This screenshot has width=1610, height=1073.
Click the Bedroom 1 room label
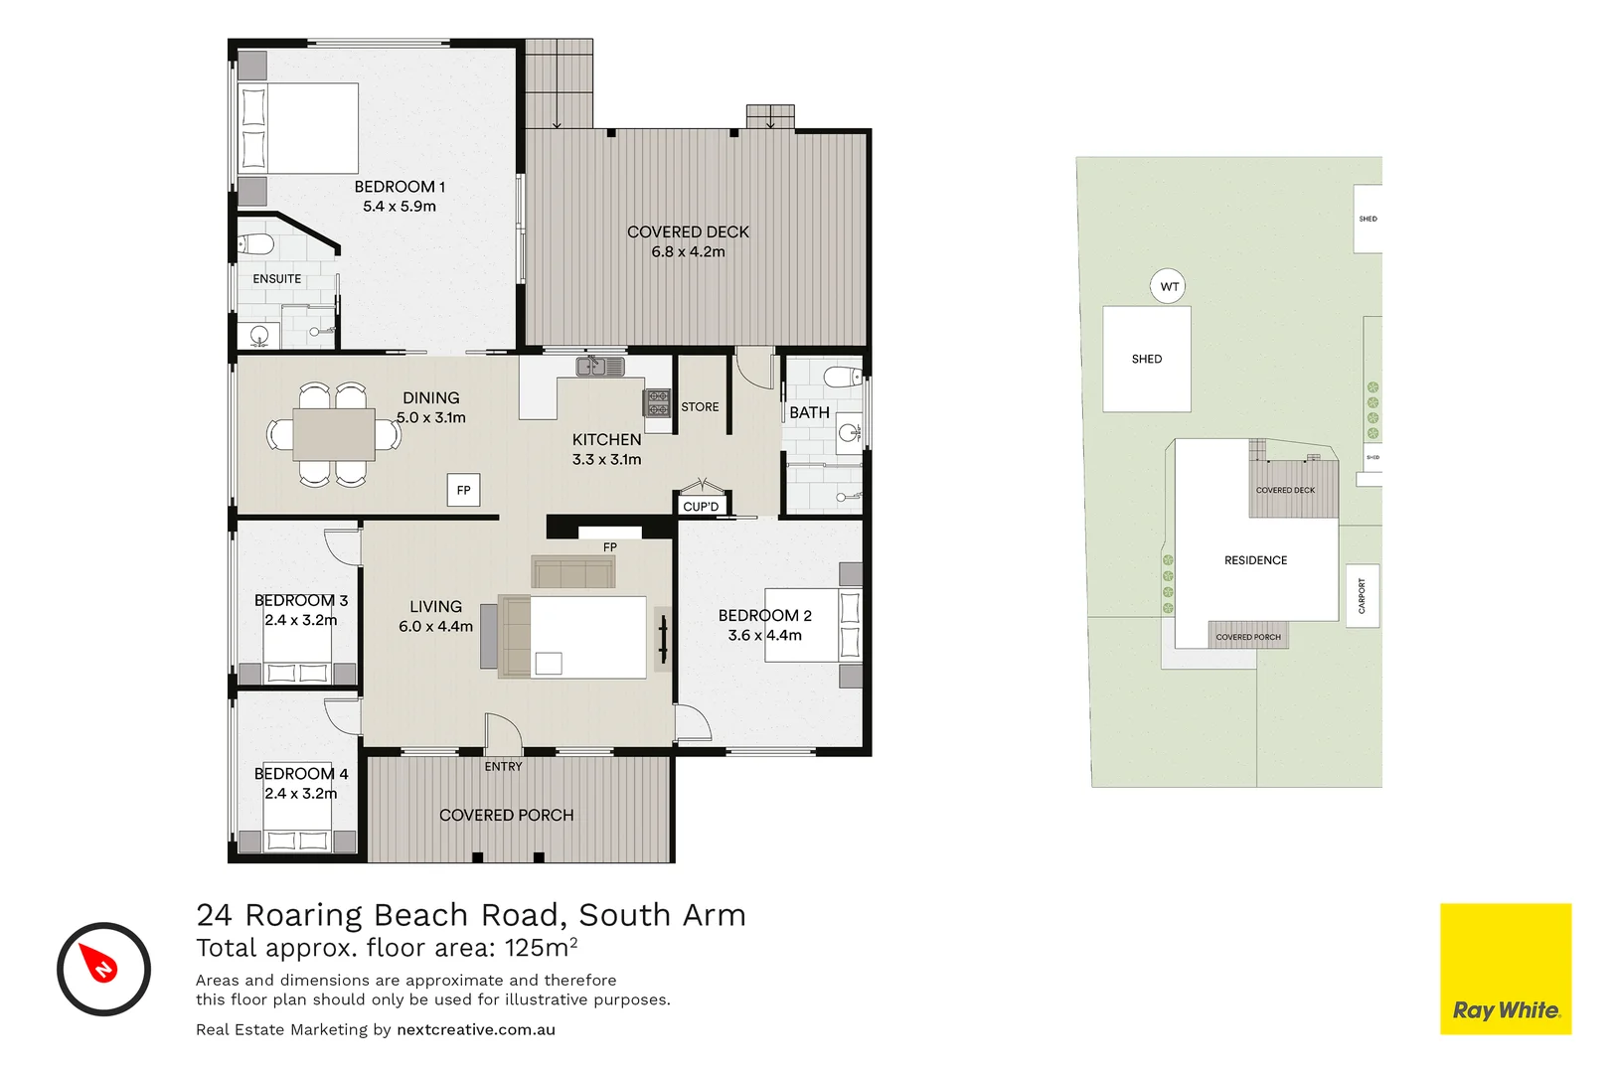[x=400, y=187]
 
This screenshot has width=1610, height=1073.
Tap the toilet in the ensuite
[x=257, y=243]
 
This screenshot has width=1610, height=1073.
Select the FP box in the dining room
[x=463, y=490]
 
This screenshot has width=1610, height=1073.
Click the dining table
[x=334, y=435]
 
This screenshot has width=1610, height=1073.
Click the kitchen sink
[x=599, y=367]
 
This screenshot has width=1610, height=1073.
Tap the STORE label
[x=700, y=407]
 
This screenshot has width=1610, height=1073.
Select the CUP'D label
[x=701, y=507]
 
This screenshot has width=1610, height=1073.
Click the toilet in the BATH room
[x=843, y=377]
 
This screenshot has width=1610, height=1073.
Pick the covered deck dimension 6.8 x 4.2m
[x=688, y=252]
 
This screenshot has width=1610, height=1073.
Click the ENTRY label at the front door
[x=503, y=767]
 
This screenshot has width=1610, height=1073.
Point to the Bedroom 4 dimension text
[x=300, y=794]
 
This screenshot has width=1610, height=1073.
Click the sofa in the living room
[x=573, y=572]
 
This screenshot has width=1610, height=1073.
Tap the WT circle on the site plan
[x=1169, y=287]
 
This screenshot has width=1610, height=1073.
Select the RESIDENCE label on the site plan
[x=1255, y=560]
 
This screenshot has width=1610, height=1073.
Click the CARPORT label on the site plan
[x=1362, y=596]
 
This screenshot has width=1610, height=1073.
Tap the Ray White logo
[x=1505, y=969]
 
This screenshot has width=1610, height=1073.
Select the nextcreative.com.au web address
[x=475, y=1029]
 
